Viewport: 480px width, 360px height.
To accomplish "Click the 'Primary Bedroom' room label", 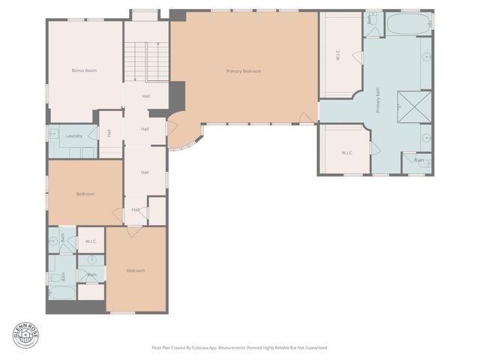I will tap(244, 71).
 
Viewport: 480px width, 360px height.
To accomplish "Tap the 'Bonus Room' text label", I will tap(84, 70).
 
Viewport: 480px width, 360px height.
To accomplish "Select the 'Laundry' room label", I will tap(73, 136).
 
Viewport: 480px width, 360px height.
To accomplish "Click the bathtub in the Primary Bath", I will tap(406, 24).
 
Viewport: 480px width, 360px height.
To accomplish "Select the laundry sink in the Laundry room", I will tap(53, 135).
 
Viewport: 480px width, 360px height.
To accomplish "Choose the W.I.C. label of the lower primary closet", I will tap(346, 153).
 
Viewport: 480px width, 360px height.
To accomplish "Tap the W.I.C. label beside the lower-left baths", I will tap(91, 241).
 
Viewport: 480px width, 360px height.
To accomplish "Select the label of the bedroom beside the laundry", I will tap(85, 194).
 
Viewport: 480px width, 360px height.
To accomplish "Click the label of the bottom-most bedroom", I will tap(135, 270).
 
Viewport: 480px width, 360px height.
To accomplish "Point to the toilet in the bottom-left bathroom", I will tap(54, 277).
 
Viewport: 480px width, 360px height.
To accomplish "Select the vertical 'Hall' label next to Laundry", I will tap(109, 133).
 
